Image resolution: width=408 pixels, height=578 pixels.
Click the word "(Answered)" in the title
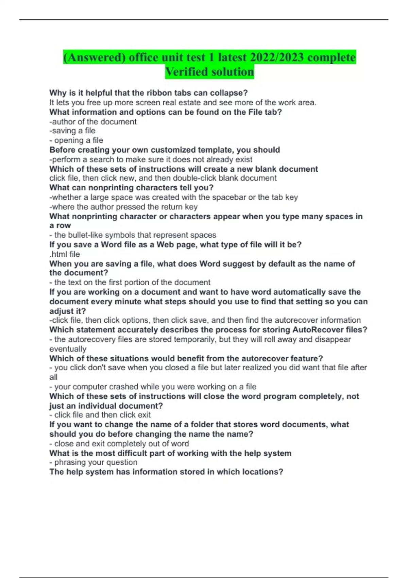tap(94, 57)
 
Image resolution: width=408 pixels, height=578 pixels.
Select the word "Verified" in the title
tap(186, 72)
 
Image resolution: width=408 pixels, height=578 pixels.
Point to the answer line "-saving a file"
tap(72, 131)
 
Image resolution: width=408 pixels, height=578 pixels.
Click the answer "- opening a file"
tap(76, 140)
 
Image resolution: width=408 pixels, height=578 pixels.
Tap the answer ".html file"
tap(65, 254)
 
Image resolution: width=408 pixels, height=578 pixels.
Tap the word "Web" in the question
tap(165, 244)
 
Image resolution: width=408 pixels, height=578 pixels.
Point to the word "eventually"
tap(68, 349)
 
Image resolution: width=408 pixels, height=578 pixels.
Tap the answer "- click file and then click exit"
tap(100, 415)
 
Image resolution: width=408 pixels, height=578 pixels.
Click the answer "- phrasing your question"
tap(93, 462)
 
